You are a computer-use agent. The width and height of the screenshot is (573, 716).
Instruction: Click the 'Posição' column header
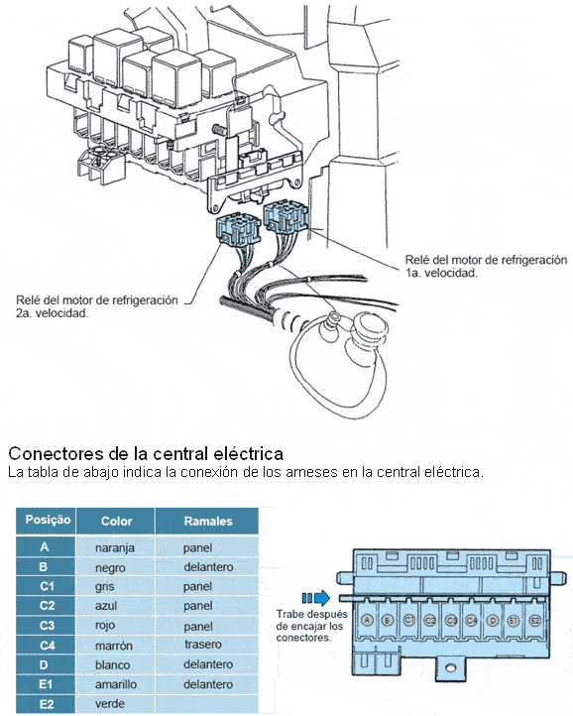[48, 520]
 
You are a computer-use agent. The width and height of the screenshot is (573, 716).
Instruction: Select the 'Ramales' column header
[208, 521]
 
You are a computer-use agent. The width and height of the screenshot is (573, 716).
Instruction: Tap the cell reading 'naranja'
[115, 547]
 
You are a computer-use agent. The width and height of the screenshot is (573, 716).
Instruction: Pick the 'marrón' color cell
[114, 646]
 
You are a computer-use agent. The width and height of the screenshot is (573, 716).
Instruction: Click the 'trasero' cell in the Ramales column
[202, 645]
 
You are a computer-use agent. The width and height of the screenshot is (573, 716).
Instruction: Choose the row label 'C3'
[47, 625]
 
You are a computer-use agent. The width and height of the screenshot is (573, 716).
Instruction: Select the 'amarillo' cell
[116, 684]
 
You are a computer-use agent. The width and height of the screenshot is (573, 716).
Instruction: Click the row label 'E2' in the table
[47, 704]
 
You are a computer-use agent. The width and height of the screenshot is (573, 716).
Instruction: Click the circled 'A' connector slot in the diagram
[367, 620]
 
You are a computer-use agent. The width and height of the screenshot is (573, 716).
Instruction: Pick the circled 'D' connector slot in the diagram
[493, 621]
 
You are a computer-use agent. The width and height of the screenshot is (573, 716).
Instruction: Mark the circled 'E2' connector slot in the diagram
[534, 621]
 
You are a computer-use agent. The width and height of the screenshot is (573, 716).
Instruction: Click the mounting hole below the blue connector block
[450, 668]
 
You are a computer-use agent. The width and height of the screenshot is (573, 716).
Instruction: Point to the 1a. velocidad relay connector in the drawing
[286, 217]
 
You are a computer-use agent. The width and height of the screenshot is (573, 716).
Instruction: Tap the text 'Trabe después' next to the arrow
[311, 615]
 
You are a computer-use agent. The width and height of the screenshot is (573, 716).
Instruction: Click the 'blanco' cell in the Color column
[112, 664]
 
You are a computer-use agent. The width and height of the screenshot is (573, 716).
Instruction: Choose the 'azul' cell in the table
[106, 606]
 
